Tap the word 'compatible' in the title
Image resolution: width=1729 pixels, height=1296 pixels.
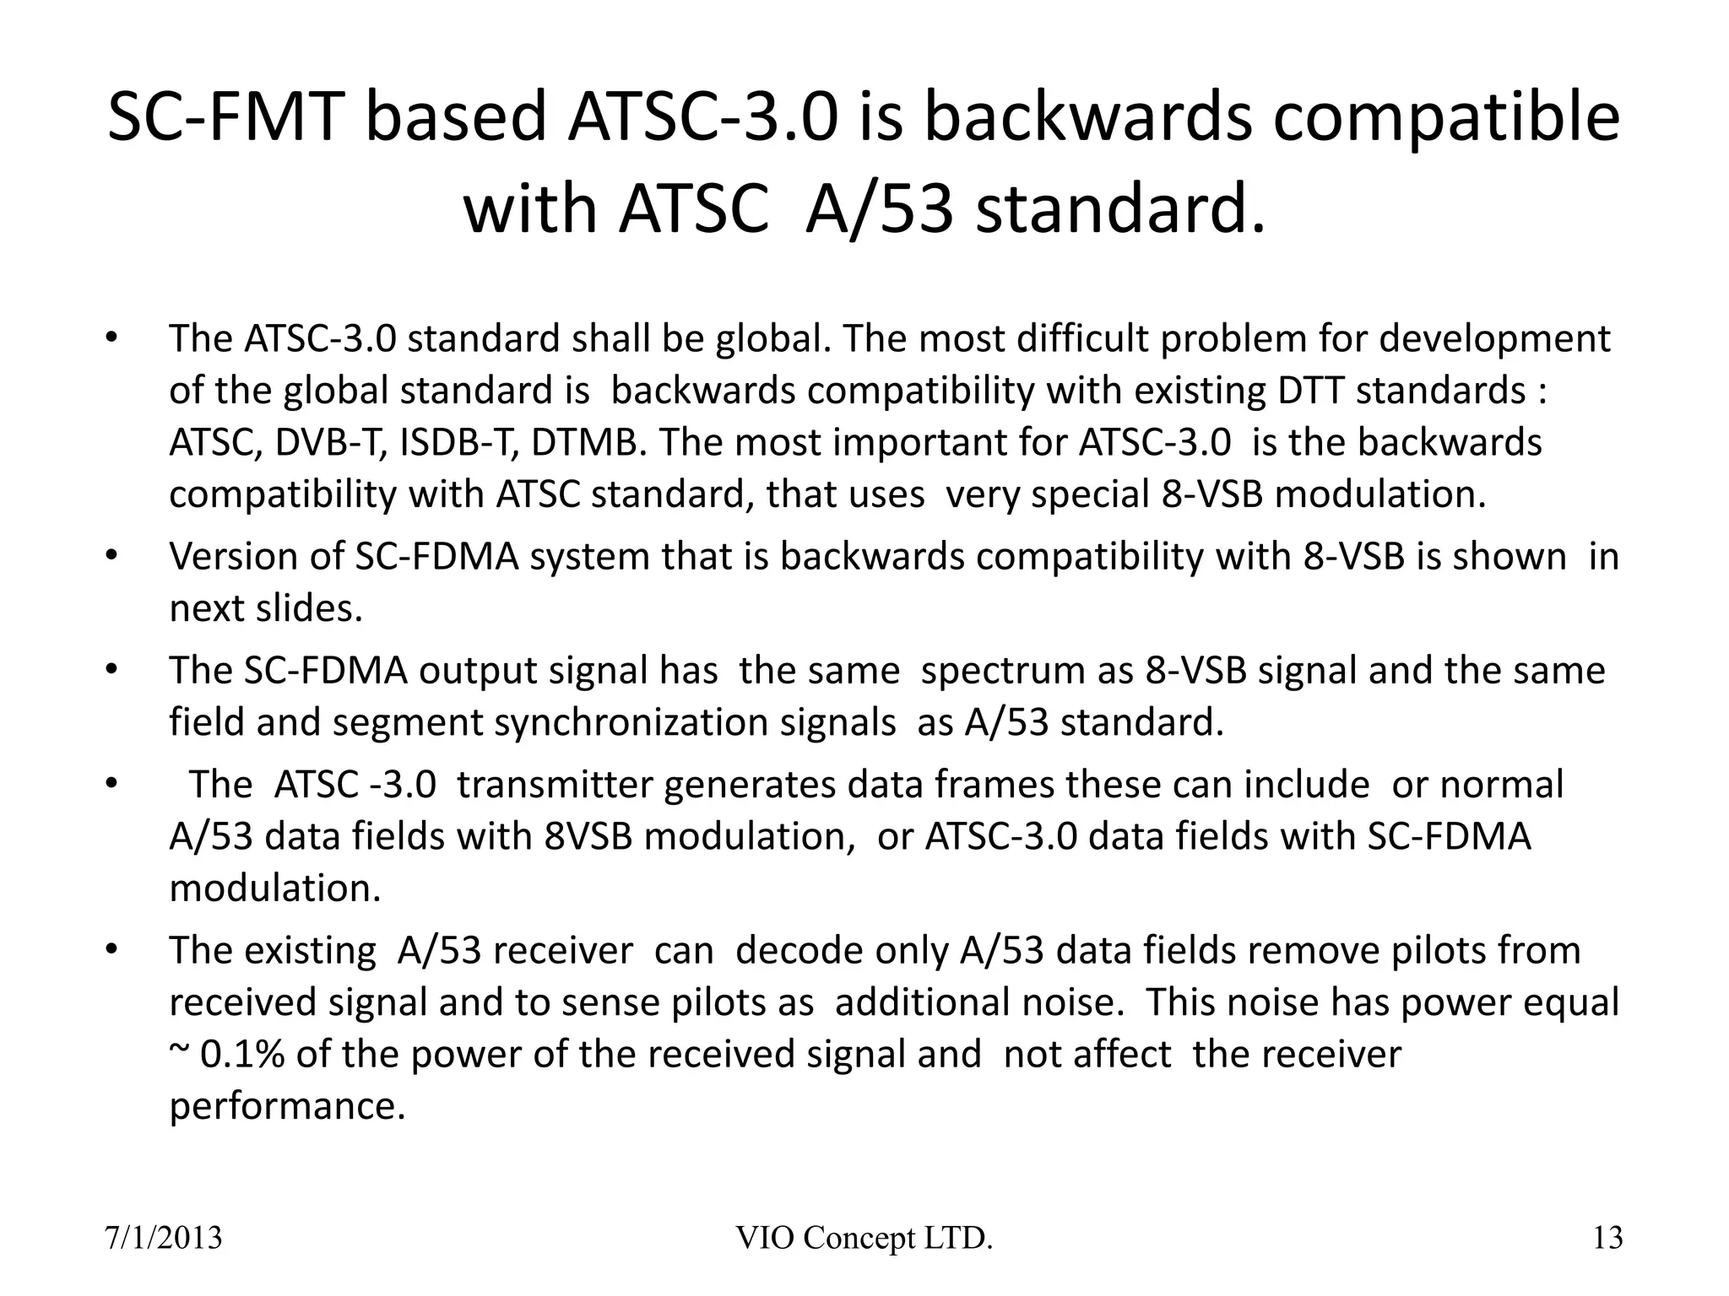(x=1445, y=119)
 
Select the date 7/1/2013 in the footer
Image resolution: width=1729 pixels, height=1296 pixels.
(x=163, y=1238)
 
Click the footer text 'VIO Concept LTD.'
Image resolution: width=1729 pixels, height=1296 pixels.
(x=864, y=1238)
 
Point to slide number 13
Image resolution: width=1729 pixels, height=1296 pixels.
(x=1607, y=1238)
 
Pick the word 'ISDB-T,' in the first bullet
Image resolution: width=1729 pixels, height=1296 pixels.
(x=459, y=443)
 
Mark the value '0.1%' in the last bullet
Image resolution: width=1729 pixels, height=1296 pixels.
(x=242, y=1055)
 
